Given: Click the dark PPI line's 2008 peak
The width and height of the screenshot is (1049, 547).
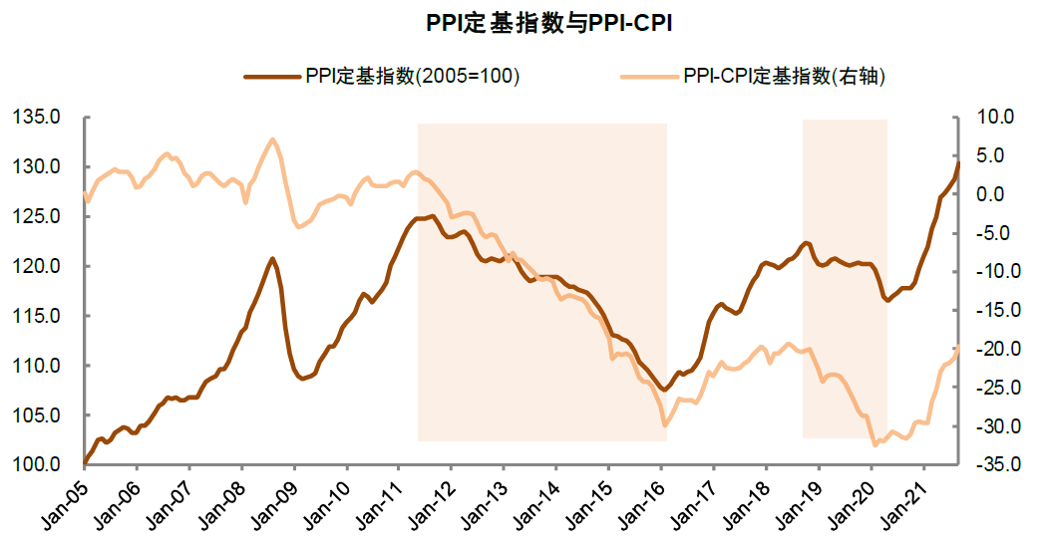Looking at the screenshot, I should tap(272, 258).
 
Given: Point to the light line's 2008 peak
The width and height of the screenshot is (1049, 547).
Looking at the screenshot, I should tap(272, 139).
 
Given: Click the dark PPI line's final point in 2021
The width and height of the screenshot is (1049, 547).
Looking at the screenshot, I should tap(958, 163).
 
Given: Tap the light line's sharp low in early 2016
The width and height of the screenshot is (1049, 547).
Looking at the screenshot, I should tap(664, 425).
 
